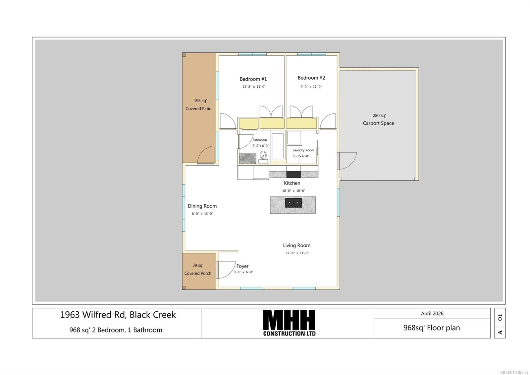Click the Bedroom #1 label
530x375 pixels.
click(x=253, y=79)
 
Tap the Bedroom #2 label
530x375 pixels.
click(x=311, y=78)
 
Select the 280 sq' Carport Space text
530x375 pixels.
click(x=379, y=119)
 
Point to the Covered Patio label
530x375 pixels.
click(x=198, y=109)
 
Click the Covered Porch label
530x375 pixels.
click(x=198, y=273)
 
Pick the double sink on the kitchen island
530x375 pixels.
click(x=293, y=203)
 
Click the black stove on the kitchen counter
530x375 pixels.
click(x=293, y=174)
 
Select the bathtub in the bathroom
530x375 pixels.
click(x=278, y=146)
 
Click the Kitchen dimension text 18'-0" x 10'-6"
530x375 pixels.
click(x=293, y=190)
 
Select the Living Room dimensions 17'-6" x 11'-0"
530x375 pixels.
click(x=297, y=253)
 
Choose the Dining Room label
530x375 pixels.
click(x=202, y=206)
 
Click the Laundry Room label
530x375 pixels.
click(x=303, y=150)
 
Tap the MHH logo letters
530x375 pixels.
click(x=289, y=319)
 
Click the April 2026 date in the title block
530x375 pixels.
click(x=432, y=313)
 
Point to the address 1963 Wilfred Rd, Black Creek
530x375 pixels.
click(x=118, y=315)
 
